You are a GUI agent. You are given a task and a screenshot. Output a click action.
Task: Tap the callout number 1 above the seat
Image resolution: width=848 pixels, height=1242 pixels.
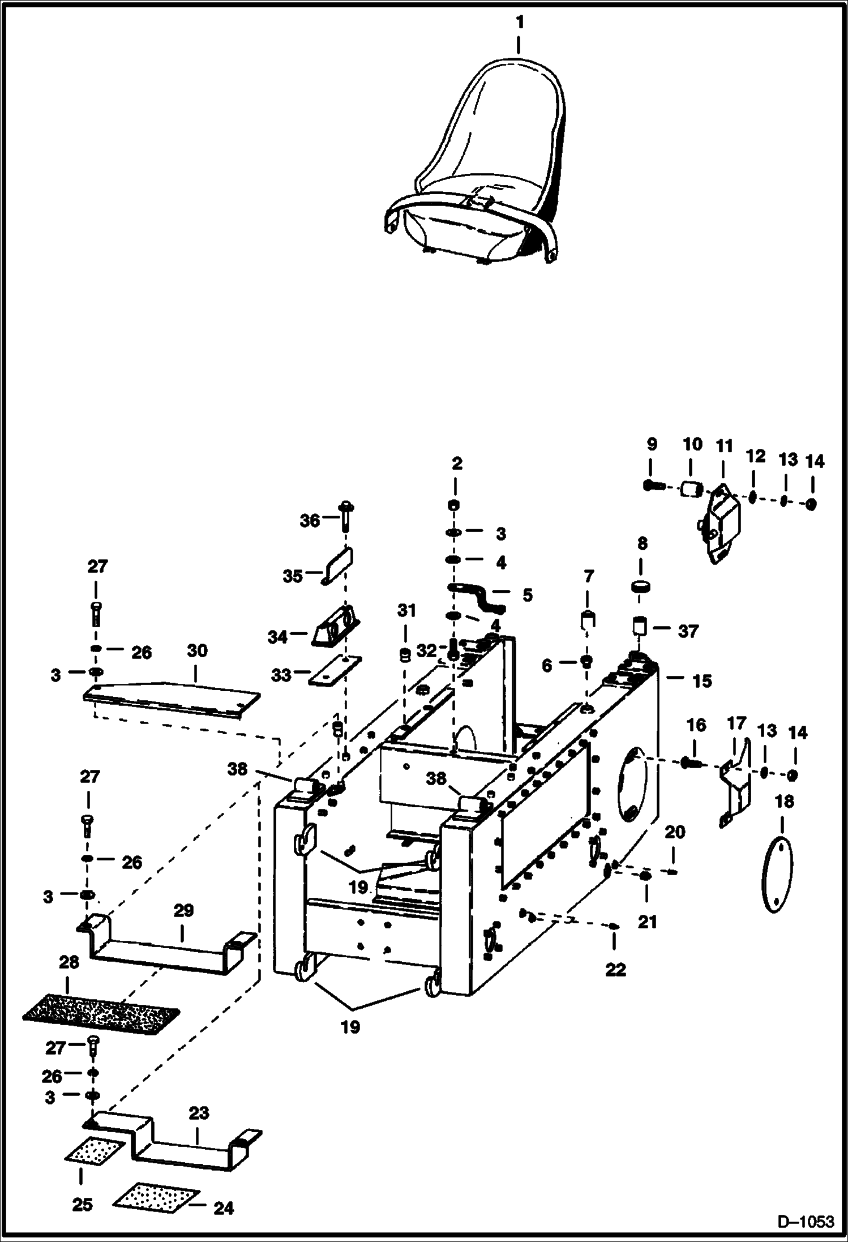click(x=519, y=23)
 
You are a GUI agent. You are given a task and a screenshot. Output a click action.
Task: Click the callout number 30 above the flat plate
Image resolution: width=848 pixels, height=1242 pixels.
click(x=197, y=650)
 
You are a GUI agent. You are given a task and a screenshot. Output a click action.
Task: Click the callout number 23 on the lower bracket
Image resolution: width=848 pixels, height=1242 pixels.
click(x=198, y=1113)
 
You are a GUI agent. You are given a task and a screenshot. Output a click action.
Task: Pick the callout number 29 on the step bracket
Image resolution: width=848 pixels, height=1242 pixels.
click(x=183, y=910)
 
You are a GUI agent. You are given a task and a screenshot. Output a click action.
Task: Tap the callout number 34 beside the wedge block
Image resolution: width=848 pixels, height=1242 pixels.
click(x=278, y=637)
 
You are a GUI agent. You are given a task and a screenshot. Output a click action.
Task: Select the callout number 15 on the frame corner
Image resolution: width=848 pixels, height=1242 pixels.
click(x=702, y=681)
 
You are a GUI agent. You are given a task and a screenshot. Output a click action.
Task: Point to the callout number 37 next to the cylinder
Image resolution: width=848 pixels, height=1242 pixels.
click(x=688, y=631)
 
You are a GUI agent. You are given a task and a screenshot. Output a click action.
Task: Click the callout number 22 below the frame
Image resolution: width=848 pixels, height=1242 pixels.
click(x=615, y=970)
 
